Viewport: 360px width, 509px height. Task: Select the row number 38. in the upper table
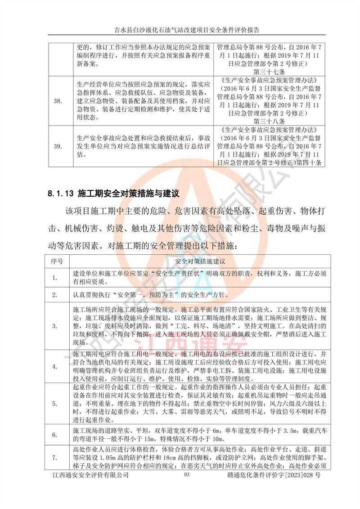point(57,100)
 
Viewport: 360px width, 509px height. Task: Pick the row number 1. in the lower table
point(55,278)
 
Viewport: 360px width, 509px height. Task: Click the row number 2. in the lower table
point(55,295)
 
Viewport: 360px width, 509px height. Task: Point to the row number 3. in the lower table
point(55,325)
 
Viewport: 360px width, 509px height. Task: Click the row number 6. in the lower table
point(55,435)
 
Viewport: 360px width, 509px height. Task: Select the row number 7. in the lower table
point(55,458)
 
